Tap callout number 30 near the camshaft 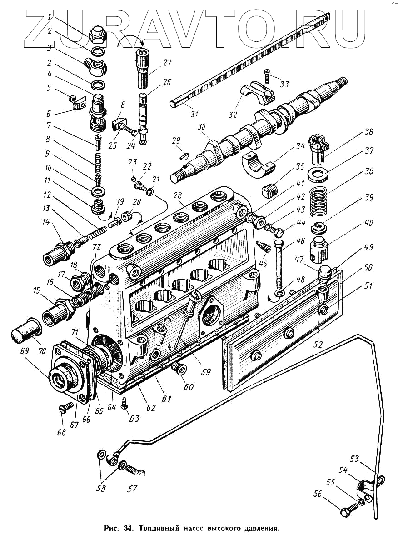click(x=201, y=129)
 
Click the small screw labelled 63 click(x=126, y=402)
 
